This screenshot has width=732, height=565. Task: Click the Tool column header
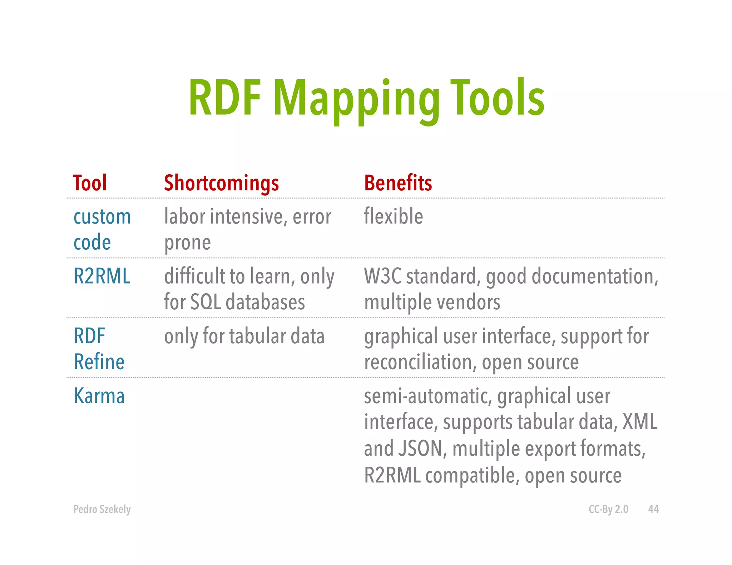pos(90,183)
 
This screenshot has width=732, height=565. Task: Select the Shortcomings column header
pos(221,183)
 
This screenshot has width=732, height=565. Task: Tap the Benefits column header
pos(398,183)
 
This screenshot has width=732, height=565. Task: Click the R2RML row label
pos(102,276)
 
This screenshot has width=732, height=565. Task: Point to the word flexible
pos(393,216)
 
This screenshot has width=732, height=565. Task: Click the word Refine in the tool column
pos(99,362)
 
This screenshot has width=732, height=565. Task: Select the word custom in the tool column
pos(102,217)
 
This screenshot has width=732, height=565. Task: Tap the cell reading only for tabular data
pos(244,336)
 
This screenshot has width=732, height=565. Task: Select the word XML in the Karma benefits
pos(640,422)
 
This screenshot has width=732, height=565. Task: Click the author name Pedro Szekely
pos(102,509)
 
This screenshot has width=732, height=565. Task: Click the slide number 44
pos(653,509)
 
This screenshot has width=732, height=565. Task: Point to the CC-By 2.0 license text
pos(608,509)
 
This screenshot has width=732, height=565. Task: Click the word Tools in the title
pos(497,98)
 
